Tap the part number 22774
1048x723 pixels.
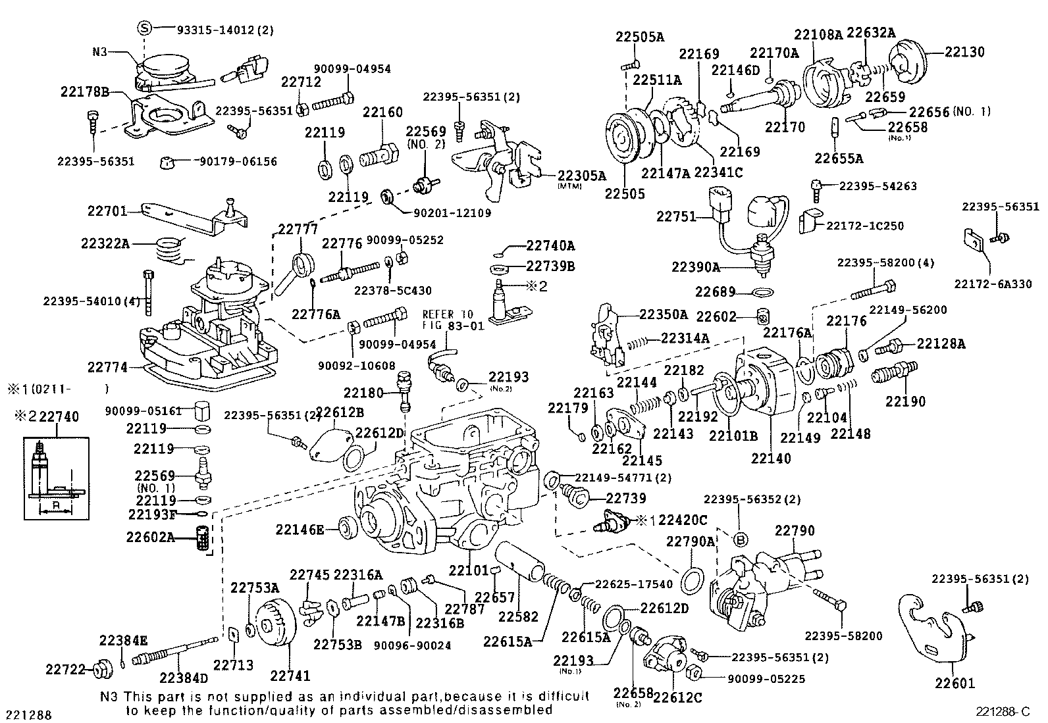[109, 366]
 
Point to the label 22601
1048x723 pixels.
[955, 684]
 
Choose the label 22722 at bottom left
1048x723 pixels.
[65, 670]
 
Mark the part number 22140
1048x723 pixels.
[771, 459]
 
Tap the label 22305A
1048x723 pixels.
[581, 176]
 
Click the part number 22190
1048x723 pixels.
[905, 401]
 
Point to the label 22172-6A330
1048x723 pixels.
[993, 284]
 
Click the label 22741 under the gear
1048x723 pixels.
[290, 675]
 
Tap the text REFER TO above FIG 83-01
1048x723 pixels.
[448, 314]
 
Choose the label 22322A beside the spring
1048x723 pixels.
[105, 243]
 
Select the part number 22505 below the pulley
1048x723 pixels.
[625, 194]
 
